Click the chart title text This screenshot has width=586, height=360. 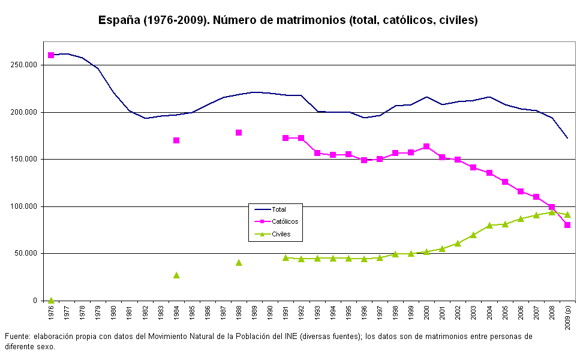coord(288,20)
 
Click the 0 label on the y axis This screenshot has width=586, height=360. coord(35,301)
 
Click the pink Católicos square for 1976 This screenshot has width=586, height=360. coord(51,55)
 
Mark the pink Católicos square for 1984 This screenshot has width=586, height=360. coord(176,140)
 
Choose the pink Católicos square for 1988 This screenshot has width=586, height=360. coord(239,133)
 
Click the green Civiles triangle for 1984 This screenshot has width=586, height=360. coord(176,275)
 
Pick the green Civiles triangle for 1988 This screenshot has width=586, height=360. coord(239,262)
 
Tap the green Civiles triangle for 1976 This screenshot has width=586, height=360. coord(51,300)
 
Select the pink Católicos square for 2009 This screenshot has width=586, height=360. coord(567,225)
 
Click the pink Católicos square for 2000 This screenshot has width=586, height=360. coord(426,146)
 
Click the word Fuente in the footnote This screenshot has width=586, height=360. coord(17,337)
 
